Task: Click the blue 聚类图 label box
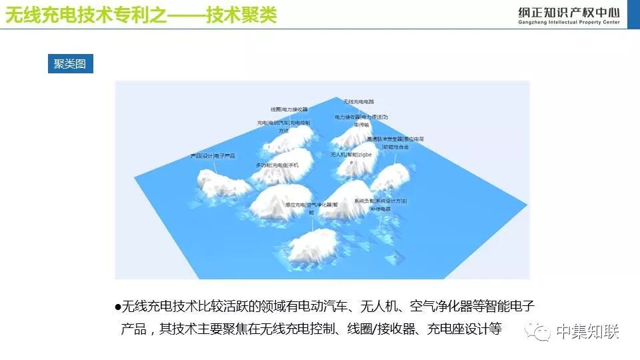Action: click(x=70, y=64)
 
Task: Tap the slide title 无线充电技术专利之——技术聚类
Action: click(x=141, y=15)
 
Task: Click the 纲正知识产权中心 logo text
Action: click(x=568, y=11)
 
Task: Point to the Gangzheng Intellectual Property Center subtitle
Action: click(x=568, y=23)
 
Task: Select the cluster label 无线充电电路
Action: click(x=359, y=102)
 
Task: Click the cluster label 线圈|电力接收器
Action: click(x=289, y=109)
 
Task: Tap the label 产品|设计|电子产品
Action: click(x=213, y=156)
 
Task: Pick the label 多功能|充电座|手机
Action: click(x=277, y=165)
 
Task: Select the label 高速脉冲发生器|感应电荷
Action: click(x=395, y=139)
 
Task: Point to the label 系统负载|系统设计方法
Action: click(x=380, y=201)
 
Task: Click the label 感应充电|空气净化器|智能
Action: click(x=312, y=205)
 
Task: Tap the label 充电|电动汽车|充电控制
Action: click(x=284, y=123)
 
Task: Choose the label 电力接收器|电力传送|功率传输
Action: click(x=361, y=117)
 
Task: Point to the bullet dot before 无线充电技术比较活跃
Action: click(x=118, y=307)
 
